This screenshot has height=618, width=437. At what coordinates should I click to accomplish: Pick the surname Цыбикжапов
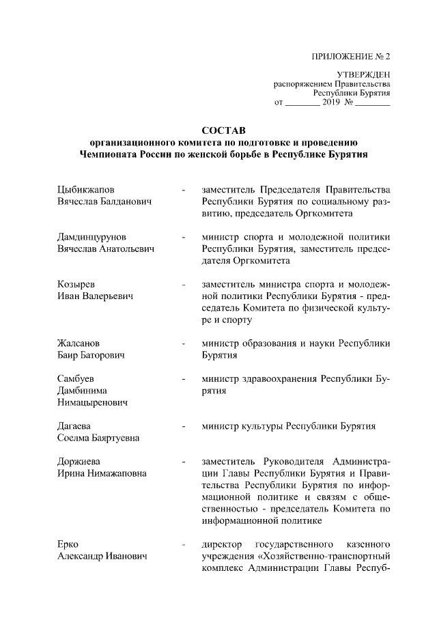[x=85, y=189]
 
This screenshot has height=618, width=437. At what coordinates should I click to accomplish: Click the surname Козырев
[x=76, y=285]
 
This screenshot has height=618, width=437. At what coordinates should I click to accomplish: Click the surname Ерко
[x=68, y=545]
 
